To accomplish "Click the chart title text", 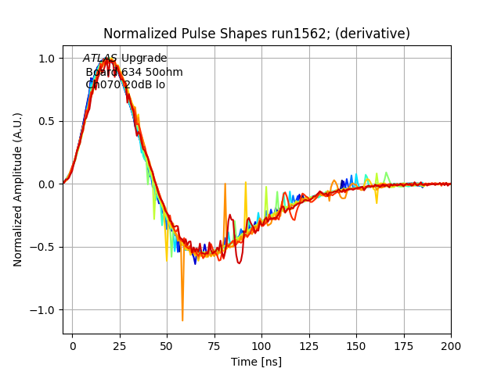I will [257, 34].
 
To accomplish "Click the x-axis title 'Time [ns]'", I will [257, 362].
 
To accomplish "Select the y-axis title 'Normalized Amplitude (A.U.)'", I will [18, 189].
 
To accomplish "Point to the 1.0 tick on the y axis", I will [47, 59].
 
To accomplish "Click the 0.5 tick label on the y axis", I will [47, 121].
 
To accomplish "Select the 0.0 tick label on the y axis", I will [47, 184].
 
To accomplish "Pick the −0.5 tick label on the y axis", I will [44, 248].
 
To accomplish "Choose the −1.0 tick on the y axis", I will [44, 310].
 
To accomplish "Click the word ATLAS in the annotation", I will [100, 59].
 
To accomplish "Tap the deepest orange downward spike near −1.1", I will [182, 320].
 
